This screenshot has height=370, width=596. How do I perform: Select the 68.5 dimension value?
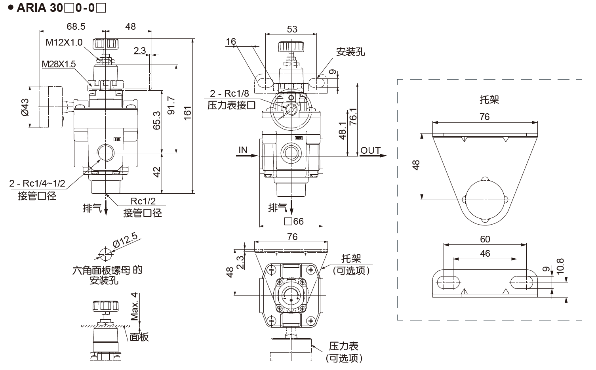tap(76, 26)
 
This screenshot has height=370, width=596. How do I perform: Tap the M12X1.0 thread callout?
tap(64, 42)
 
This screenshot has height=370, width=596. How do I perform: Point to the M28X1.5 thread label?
tap(59, 64)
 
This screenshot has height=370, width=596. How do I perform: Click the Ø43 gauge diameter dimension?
tap(25, 107)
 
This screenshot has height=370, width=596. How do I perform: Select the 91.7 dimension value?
tap(171, 106)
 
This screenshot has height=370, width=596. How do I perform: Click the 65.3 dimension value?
tap(157, 120)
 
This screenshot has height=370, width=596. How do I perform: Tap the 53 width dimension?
tap(292, 29)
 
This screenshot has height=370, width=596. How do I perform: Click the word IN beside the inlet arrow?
tap(243, 150)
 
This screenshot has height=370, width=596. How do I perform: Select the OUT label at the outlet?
tap(370, 150)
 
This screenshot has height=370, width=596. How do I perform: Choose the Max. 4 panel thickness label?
tap(135, 306)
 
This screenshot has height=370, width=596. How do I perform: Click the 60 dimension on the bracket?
tap(485, 239)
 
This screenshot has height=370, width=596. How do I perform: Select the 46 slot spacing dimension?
tap(485, 253)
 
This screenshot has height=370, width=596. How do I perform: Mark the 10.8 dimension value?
tap(560, 267)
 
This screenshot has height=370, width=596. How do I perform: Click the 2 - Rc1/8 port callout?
tap(229, 93)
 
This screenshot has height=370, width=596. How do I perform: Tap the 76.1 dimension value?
tap(353, 117)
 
